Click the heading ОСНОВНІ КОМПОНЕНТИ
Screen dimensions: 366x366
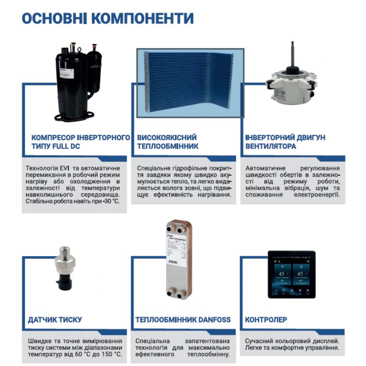pos(108,18)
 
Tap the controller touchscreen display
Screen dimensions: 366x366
pos(291,274)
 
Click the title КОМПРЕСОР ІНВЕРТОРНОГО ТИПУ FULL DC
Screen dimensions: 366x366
pos(81,142)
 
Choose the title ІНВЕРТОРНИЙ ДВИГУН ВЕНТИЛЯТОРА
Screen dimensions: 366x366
pos(285,142)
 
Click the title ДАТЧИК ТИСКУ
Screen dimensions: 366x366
pos(55,320)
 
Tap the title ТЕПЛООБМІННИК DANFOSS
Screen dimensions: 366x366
pos(183,320)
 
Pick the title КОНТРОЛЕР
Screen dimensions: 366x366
pos(266,320)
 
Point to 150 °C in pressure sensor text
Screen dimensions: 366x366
pos(112,354)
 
